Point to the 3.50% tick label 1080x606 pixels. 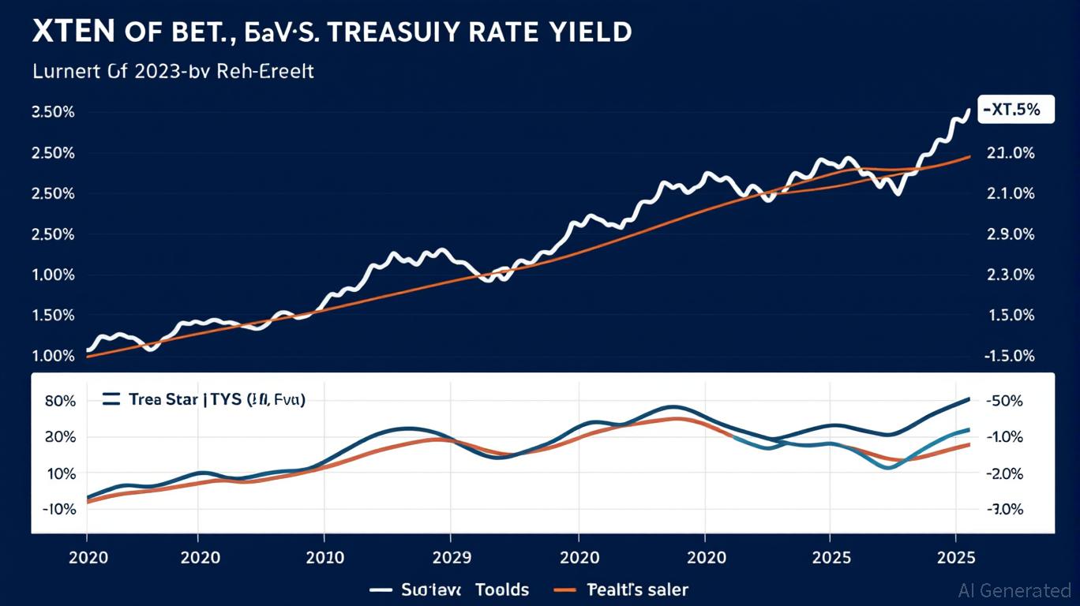pos(53,112)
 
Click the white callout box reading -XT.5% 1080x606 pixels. pos(1009,110)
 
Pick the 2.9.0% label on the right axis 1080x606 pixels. pos(1011,234)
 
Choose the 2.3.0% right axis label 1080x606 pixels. pos(1011,275)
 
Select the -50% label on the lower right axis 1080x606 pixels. pos(1003,401)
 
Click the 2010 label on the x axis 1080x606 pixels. pos(324,557)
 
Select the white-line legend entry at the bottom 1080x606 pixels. pos(450,589)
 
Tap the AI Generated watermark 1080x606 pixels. pos(1014,590)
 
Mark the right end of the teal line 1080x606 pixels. pos(969,430)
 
